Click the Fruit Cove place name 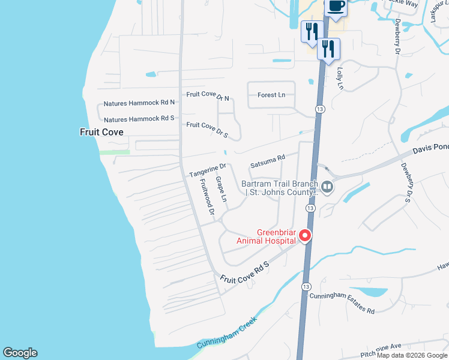click(x=101, y=131)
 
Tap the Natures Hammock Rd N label click(x=139, y=103)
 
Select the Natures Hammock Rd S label click(x=139, y=119)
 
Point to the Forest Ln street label click(x=271, y=95)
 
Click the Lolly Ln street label click(x=340, y=78)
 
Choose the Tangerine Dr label click(x=208, y=170)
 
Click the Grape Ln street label click(x=220, y=189)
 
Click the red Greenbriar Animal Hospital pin click(x=305, y=235)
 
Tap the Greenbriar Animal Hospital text click(x=277, y=236)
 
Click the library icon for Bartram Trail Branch click(x=327, y=187)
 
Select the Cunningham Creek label click(x=227, y=335)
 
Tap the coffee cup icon click(x=336, y=7)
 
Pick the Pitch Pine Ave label click(x=381, y=349)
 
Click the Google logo click(x=20, y=353)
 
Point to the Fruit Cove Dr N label click(x=208, y=96)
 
